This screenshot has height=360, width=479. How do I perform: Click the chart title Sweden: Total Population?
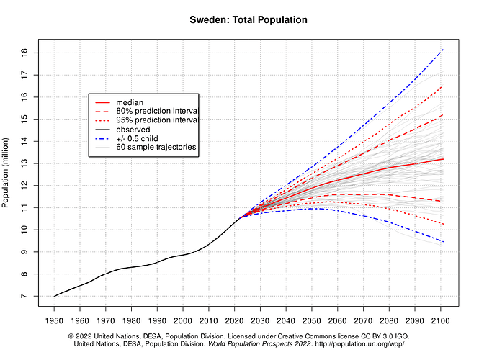pyautogui.click(x=249, y=19)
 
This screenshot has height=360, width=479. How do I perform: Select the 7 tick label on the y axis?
pyautogui.click(x=24, y=296)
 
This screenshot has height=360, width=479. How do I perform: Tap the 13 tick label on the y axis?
pyautogui.click(x=24, y=163)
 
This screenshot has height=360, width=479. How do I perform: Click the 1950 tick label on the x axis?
pyautogui.click(x=54, y=320)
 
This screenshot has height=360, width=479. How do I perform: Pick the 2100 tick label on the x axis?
pyautogui.click(x=442, y=320)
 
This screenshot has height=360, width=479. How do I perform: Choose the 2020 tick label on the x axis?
pyautogui.click(x=235, y=320)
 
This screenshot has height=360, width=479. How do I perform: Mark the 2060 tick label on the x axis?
pyautogui.click(x=338, y=320)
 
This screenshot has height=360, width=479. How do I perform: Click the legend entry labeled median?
pyautogui.click(x=131, y=103)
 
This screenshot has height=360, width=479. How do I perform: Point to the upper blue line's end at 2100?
pyautogui.click(x=442, y=50)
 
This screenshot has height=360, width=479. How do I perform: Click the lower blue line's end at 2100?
pyautogui.click(x=442, y=241)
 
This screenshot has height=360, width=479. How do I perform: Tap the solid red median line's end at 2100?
pyautogui.click(x=442, y=159)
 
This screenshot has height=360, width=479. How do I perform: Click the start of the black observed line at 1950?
pyautogui.click(x=54, y=296)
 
